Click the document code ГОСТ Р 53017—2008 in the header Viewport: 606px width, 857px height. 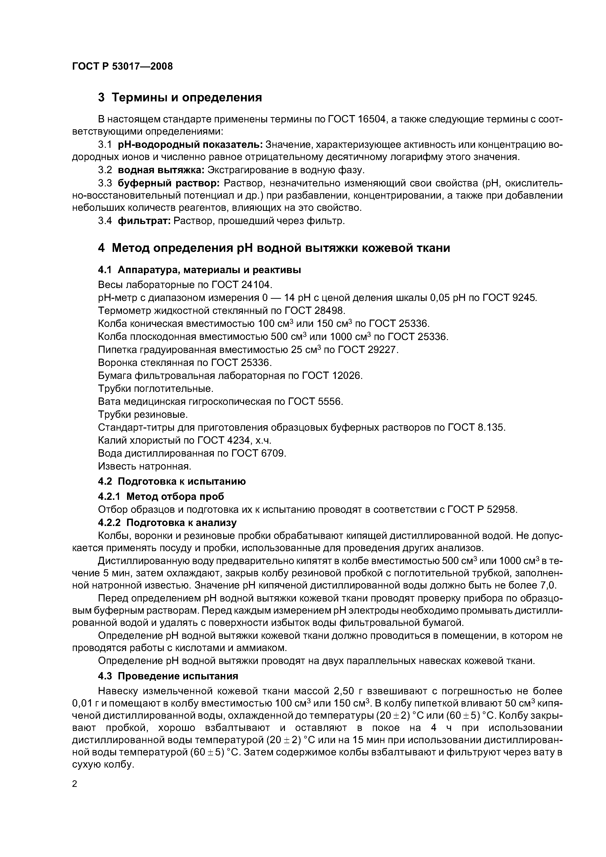coord(122,66)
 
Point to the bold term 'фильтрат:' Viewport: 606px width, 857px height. coord(144,221)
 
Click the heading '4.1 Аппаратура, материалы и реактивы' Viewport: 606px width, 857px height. coord(199,270)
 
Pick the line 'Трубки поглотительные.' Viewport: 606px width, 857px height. coord(156,389)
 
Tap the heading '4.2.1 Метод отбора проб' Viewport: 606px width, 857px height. coord(161,496)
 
